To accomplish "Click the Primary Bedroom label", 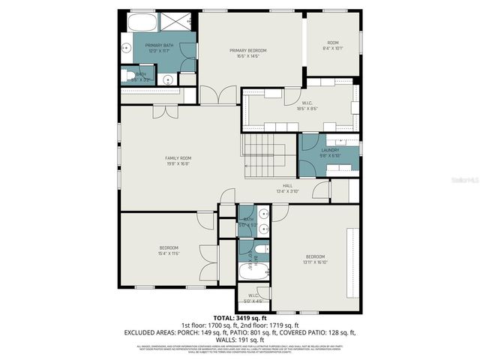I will coord(248,52).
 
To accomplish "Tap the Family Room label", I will coord(178,160).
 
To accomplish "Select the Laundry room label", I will coord(331,152).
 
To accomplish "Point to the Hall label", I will coord(287,187).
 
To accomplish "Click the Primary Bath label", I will coord(158,49).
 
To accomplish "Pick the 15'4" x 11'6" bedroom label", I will coord(169,250).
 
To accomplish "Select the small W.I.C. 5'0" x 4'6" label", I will coord(253,297).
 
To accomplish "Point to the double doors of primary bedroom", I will coord(218,95).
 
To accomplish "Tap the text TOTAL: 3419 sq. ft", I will coord(239,318).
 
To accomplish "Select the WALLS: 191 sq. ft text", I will coord(239,338).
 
